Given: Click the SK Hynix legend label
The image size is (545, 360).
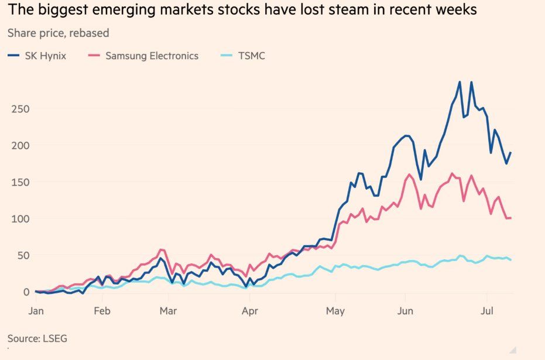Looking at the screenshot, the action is (x=46, y=56).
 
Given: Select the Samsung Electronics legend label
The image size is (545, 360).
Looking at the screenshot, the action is (x=152, y=56).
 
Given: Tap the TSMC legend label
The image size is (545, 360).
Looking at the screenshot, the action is (x=252, y=56).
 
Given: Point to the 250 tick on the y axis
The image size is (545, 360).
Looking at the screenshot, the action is (x=20, y=109).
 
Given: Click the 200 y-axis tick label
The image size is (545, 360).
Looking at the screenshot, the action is (x=20, y=146).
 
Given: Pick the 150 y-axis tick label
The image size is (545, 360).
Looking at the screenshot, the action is (x=20, y=182).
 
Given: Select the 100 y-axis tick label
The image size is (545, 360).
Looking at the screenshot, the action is (x=20, y=219).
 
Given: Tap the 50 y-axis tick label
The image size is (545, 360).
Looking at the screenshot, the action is (x=23, y=255).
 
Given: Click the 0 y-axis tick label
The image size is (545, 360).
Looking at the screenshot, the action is (x=26, y=292).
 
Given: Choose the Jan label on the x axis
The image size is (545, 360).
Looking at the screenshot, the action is (x=36, y=310).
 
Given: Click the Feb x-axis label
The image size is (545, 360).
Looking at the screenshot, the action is (x=102, y=310).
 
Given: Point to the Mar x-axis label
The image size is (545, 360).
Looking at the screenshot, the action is (x=168, y=310).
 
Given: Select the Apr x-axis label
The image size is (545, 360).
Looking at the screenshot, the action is (x=250, y=311).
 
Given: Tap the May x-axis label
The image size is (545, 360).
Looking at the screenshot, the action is (x=335, y=311).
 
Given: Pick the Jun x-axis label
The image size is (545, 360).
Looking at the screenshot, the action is (x=405, y=310).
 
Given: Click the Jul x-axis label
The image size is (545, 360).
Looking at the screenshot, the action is (x=487, y=310).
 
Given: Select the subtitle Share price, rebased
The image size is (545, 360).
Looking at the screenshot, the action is (x=59, y=33).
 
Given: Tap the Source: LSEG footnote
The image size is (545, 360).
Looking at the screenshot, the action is (x=37, y=338).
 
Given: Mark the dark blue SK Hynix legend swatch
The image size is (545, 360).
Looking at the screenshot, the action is (x=13, y=56).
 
